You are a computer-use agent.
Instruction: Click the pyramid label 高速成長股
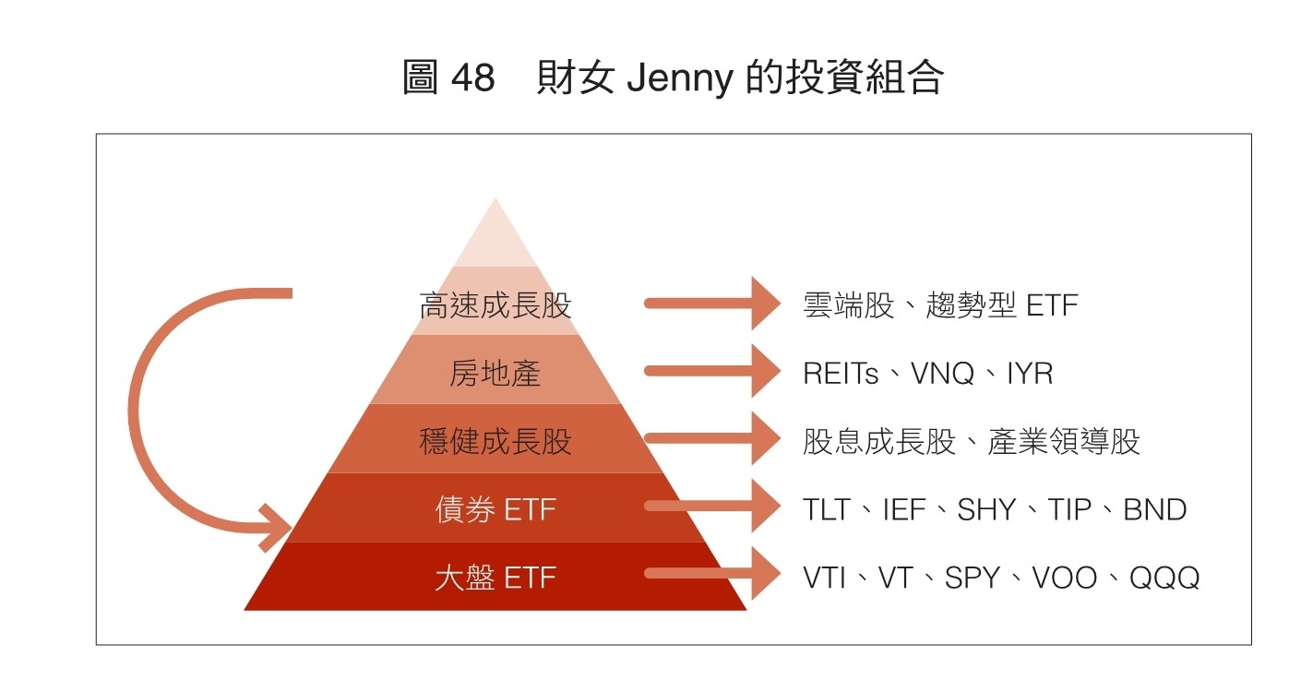495,305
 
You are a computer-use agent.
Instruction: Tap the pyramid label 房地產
495,374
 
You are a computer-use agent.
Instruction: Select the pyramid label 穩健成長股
495,442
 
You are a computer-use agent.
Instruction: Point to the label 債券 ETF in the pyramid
495,509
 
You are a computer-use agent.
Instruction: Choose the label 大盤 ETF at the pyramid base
495,578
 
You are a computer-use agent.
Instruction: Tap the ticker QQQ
1164,578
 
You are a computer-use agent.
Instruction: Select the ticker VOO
1064,578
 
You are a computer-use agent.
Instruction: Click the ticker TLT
826,509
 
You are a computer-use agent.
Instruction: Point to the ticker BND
1154,509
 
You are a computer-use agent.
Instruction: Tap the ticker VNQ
942,374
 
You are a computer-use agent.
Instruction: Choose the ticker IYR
1030,374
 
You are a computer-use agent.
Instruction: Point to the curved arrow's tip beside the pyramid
278,528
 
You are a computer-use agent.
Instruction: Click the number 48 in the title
473,78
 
